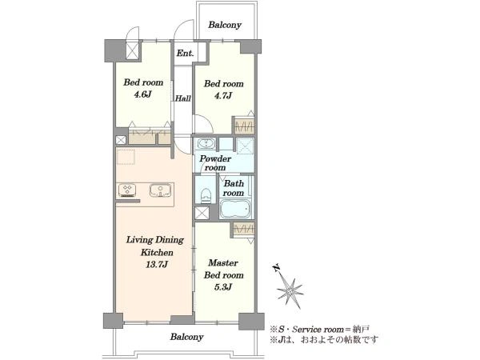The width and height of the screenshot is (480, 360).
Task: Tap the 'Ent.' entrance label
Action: tap(186, 54)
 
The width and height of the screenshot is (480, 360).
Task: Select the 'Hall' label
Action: tap(183, 98)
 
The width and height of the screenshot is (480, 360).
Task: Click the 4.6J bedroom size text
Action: tap(143, 94)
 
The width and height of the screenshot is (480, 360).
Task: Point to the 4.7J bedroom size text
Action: tap(223, 95)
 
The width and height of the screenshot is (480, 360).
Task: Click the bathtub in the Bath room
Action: tap(235, 209)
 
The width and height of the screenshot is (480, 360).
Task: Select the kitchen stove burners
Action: tap(127, 190)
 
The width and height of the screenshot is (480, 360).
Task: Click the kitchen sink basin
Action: tap(160, 190)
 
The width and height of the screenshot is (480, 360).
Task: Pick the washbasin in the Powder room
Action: tap(206, 143)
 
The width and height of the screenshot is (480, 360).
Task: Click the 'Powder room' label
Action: tap(215, 163)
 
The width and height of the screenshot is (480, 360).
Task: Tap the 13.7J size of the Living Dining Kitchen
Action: tap(157, 264)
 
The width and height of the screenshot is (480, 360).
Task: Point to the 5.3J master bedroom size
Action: tap(223, 287)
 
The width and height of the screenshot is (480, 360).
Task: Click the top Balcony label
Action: tap(225, 25)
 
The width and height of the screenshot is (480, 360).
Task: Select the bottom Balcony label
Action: tap(186, 337)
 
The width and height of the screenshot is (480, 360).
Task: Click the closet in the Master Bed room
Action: tap(244, 230)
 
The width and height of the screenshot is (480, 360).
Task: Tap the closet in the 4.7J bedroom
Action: tap(244, 126)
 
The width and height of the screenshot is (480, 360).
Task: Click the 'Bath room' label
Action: tap(234, 188)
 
